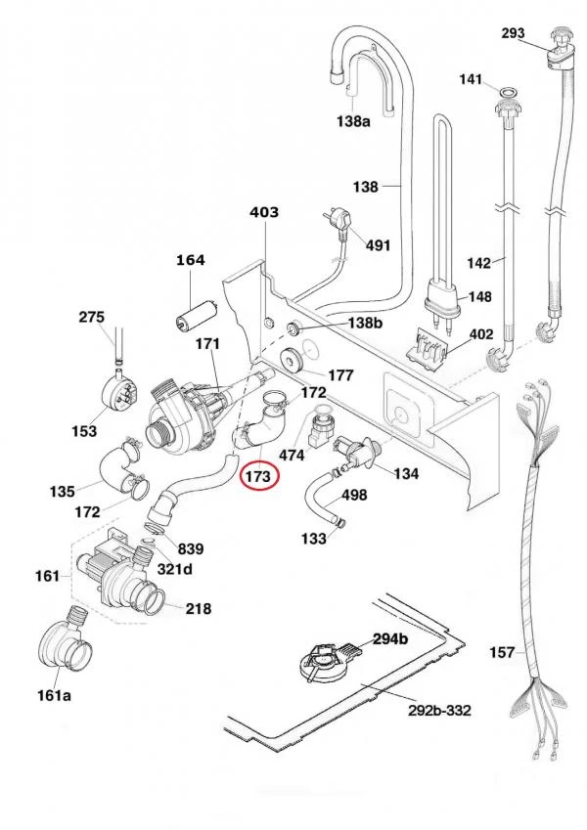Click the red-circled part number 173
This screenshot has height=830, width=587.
tap(258, 476)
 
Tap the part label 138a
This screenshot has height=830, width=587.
tap(353, 122)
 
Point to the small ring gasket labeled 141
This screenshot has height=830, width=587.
tap(509, 93)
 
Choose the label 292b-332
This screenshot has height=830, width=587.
tap(439, 710)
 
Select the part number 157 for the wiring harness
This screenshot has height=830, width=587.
tap(502, 652)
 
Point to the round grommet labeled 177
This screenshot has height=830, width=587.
tap(290, 360)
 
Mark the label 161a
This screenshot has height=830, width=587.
tap(54, 694)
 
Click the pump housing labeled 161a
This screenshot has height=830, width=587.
tap(65, 644)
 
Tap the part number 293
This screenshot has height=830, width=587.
tap(513, 33)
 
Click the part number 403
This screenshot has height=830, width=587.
tap(264, 212)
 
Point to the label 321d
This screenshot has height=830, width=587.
tap(174, 569)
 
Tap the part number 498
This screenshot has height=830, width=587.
tap(354, 495)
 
